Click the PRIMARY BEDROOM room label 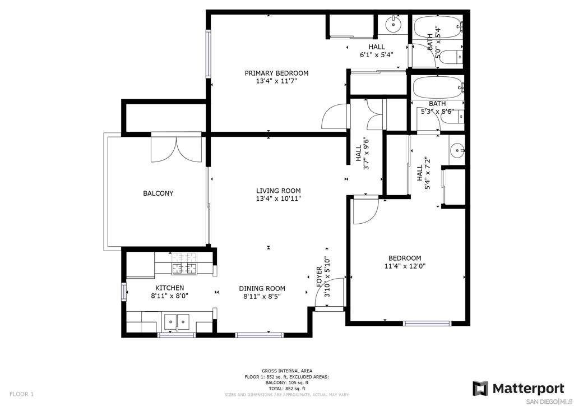[x=276, y=73]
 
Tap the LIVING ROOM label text [x=278, y=191]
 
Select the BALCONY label [x=158, y=193]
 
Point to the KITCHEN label [x=169, y=288]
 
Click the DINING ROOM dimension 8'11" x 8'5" [x=262, y=296]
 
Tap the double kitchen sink [x=177, y=322]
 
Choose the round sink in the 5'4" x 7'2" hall [x=457, y=150]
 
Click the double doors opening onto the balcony [x=177, y=149]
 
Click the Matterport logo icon [x=480, y=389]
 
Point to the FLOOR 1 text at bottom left [x=21, y=394]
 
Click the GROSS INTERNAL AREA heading [x=287, y=371]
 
